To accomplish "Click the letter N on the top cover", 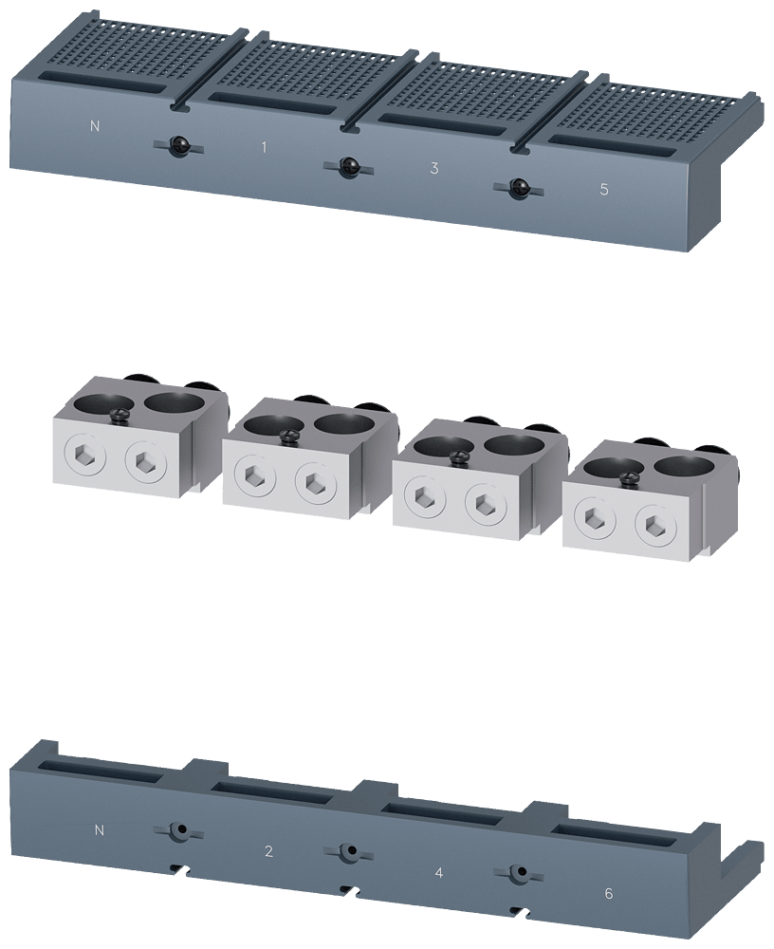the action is coord(95,126).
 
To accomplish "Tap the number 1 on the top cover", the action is coord(264,147).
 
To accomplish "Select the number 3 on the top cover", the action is coord(433,169).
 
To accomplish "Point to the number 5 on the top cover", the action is coord(604,190).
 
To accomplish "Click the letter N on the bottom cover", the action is coord(100,830).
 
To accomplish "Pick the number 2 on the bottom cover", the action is coord(268,851).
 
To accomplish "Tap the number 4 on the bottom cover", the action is coord(439,873).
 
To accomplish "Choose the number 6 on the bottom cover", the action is coord(609,893).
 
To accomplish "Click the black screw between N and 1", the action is coord(177,146).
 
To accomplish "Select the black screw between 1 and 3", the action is coord(347,167).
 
